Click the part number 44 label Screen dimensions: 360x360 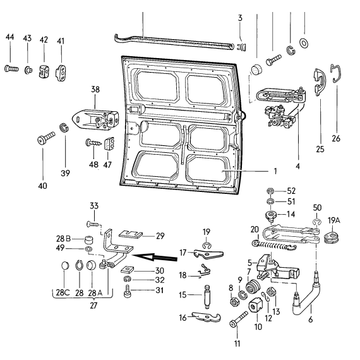(x=10, y=37)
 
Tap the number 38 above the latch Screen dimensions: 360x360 (x=95, y=89)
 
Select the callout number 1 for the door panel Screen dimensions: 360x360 (x=275, y=171)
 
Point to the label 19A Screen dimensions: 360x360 (x=334, y=220)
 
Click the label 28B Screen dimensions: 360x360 (x=63, y=239)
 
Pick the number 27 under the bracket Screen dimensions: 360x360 (x=93, y=306)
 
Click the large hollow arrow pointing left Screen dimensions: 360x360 (x=155, y=257)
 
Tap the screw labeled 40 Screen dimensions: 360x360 (x=46, y=138)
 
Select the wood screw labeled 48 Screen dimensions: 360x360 (x=93, y=143)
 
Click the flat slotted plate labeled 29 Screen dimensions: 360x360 (x=131, y=234)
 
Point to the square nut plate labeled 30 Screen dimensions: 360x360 (x=127, y=270)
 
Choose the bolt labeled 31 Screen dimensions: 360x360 (x=128, y=291)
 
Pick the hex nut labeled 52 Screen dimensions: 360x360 (x=271, y=191)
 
